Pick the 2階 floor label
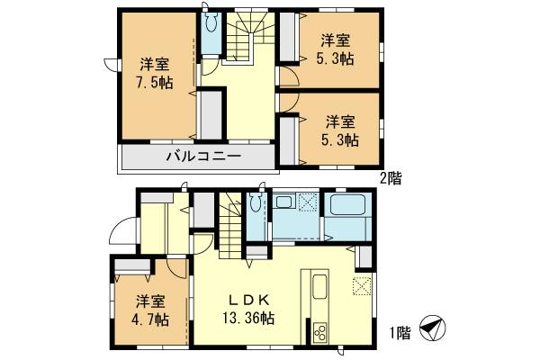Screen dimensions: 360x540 coord(390,177)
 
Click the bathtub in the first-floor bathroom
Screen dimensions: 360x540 coord(347,207)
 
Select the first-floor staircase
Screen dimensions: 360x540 coord(230,225)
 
